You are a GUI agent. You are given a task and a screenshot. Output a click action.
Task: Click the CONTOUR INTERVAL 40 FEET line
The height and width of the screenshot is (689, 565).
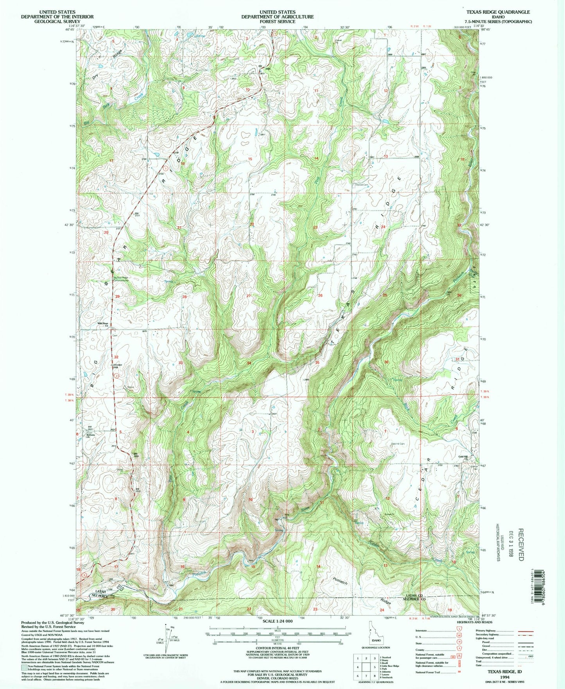[277, 648]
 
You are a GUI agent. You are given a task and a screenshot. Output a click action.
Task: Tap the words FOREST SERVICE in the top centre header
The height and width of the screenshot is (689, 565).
[277, 22]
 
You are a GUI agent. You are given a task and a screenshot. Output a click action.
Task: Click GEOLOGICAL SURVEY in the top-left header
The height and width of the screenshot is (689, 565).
[57, 22]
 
